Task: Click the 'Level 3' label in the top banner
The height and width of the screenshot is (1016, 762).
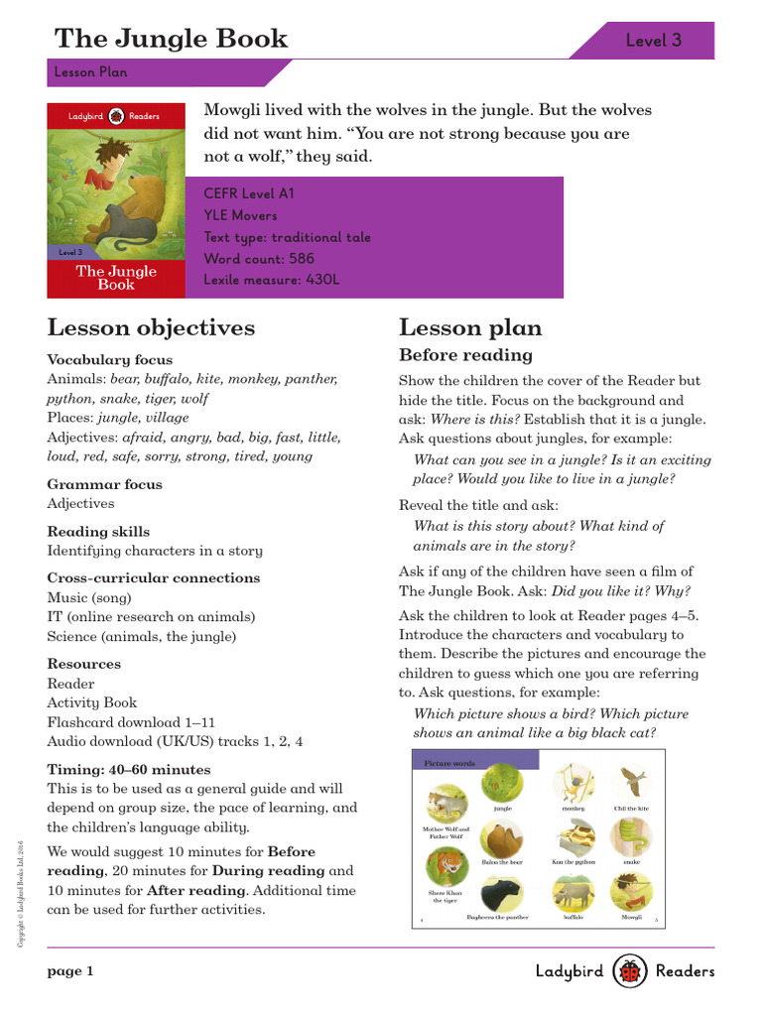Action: coord(653,41)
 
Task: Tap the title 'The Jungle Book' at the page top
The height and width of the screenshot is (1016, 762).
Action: coord(171,39)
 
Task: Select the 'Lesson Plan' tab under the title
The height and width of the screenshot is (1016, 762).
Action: coord(90,72)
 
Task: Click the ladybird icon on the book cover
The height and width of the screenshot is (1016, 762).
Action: coord(116,116)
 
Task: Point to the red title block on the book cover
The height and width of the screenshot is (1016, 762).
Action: coord(116,278)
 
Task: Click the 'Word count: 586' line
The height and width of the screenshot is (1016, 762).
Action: coord(259,258)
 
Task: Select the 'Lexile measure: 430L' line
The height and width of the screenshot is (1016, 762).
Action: coord(271,280)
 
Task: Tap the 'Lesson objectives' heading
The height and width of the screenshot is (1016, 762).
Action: coord(151,327)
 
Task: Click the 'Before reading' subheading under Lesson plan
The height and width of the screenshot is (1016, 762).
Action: coord(465,355)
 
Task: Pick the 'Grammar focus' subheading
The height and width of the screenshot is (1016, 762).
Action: coord(105,484)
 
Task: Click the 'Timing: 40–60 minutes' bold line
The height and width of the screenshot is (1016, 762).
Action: coord(129,769)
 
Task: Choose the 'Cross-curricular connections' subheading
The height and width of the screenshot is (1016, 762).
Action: coord(154,577)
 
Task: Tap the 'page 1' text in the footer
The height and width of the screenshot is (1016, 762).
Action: coord(70,972)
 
